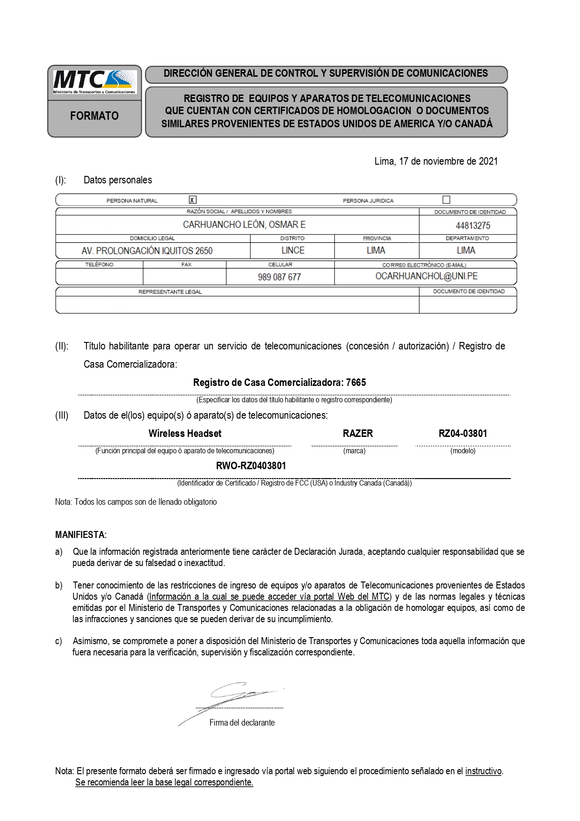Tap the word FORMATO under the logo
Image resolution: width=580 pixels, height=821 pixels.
[94, 116]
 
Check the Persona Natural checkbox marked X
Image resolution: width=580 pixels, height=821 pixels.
[192, 200]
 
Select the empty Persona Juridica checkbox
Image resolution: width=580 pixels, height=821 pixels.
[446, 200]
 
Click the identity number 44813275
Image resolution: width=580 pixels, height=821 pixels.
[473, 225]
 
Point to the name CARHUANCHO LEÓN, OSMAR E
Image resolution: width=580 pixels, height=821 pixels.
[244, 225]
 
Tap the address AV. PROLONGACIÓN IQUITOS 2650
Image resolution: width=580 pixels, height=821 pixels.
[147, 251]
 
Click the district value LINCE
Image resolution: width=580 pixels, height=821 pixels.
[293, 250]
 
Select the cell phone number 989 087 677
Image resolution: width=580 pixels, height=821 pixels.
[279, 277]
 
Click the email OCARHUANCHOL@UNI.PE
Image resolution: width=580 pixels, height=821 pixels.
[427, 276]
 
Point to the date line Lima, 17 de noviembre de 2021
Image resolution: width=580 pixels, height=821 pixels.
[436, 161]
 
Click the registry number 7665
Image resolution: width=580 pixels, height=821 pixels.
[356, 383]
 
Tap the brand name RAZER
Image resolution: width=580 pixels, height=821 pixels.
[358, 433]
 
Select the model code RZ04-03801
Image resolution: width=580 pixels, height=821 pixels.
[463, 433]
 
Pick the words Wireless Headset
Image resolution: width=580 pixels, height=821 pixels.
[185, 433]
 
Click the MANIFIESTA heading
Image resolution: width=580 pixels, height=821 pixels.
[81, 534]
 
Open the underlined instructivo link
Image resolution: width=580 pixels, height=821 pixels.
[483, 771]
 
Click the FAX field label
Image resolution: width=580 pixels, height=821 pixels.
[186, 265]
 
